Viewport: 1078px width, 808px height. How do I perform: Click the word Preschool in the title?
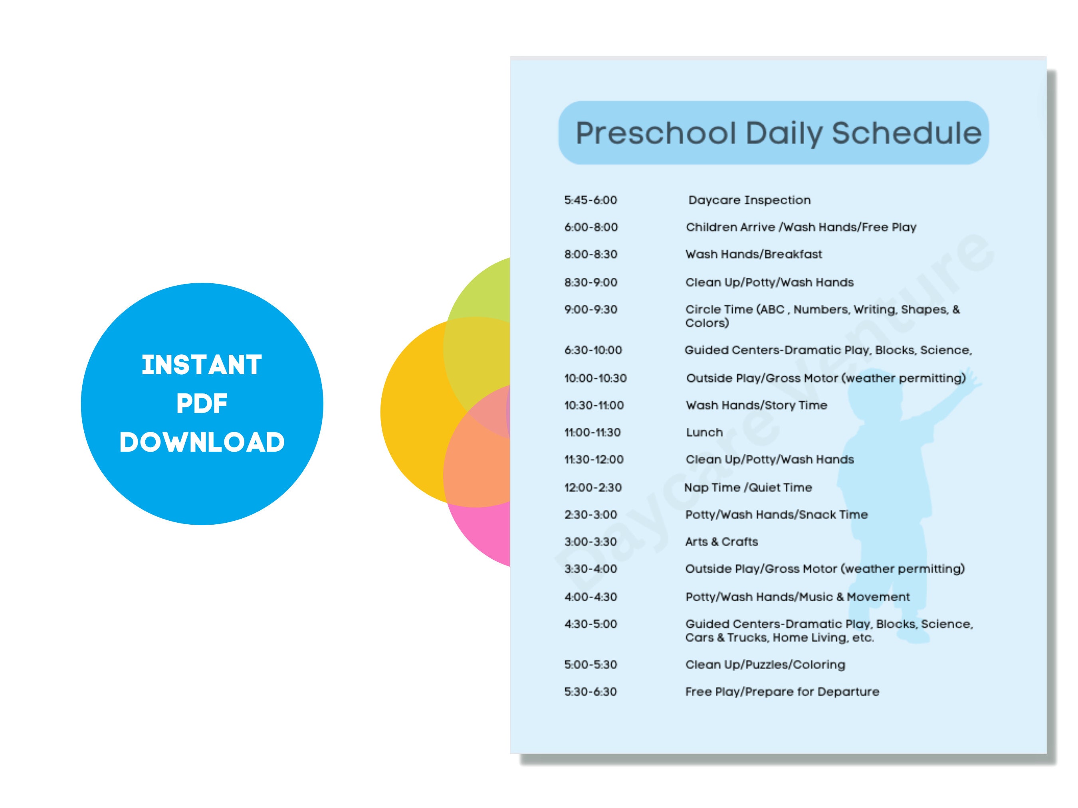656,133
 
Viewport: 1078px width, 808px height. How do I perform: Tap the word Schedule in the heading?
906,132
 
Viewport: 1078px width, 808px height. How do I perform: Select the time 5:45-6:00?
591,200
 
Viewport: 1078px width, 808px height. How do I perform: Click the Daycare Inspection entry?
749,200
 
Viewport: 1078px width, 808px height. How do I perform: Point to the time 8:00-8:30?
591,254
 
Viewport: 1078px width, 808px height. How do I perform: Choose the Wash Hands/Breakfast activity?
753,254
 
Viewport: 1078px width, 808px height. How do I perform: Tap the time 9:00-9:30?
591,310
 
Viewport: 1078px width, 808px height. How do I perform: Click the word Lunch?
704,433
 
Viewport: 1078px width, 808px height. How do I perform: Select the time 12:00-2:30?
593,488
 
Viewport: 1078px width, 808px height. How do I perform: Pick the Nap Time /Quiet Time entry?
748,488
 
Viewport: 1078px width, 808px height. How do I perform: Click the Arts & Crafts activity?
721,541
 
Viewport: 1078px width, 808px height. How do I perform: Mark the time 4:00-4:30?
591,597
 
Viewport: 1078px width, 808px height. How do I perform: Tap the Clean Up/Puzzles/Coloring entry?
765,665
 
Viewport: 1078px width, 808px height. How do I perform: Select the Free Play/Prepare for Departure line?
782,691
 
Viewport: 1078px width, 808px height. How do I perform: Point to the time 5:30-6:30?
591,691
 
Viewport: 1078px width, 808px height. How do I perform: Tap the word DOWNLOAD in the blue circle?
202,442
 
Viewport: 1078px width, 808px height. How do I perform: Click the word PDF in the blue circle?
202,404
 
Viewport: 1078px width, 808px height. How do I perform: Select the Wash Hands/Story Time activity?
756,405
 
